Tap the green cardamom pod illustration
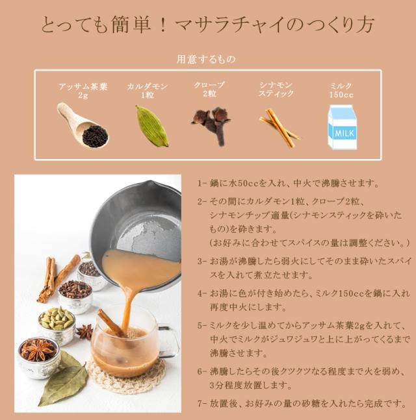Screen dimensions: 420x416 151,125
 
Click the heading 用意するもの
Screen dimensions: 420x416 206,59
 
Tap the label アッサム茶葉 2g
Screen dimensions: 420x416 83,90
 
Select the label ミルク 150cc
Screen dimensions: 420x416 341,90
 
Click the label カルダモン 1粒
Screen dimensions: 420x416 148,90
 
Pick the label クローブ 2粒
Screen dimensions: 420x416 209,89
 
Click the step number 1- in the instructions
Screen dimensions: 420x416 201,184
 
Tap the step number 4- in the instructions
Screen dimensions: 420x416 201,293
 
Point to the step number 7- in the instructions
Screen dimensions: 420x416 201,404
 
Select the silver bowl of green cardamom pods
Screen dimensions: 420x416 57,324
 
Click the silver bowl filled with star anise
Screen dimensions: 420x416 38,356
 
